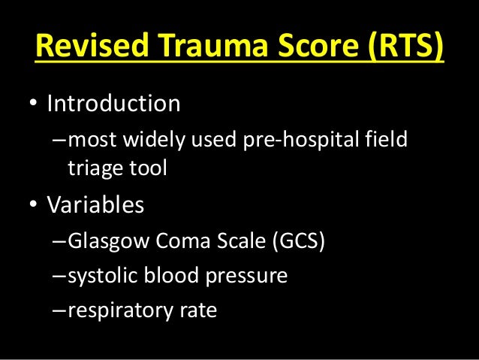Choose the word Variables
coord(95,205)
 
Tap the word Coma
coord(172,243)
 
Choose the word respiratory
coord(119,310)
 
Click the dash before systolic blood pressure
coord(59,276)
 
